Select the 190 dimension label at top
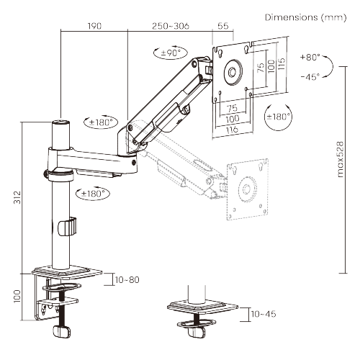[x=94, y=26]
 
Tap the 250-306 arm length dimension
[x=171, y=26]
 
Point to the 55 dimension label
[x=222, y=26]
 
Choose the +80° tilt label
[x=310, y=57]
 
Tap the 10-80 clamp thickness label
[x=127, y=279]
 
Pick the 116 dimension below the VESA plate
[x=231, y=131]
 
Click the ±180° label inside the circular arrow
[x=279, y=117]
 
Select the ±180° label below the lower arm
[x=91, y=193]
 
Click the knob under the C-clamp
[x=59, y=332]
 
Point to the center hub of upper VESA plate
[x=233, y=71]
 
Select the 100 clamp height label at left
[x=17, y=296]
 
